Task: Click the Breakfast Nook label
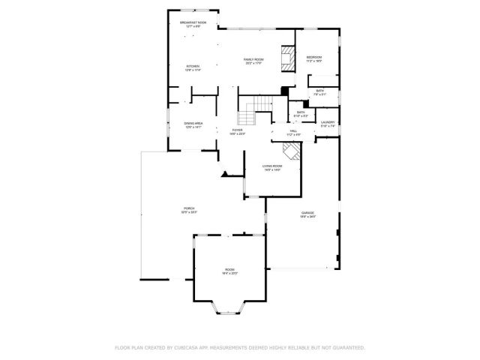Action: (x=193, y=24)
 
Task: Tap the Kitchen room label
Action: (x=193, y=67)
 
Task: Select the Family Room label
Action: (x=253, y=60)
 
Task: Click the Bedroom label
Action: (x=313, y=58)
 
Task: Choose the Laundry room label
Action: (x=328, y=123)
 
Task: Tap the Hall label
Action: (x=293, y=132)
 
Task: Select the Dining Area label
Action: (x=193, y=124)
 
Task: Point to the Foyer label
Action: (x=237, y=132)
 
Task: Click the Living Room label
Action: (x=271, y=168)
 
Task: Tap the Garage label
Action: (x=307, y=214)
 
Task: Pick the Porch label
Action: (x=178, y=210)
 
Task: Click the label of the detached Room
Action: (x=229, y=271)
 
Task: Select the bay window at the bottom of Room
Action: (x=229, y=307)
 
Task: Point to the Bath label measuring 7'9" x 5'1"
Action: (x=319, y=92)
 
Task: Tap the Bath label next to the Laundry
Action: (x=300, y=113)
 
